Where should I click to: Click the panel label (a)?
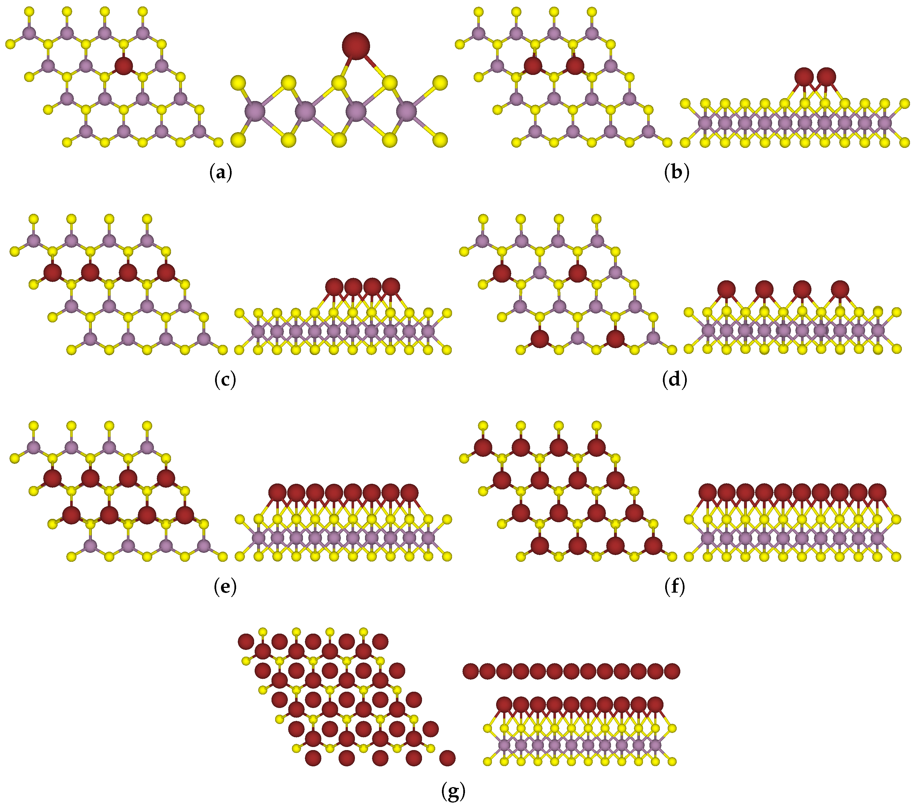tap(221, 173)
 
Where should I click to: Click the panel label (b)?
tap(676, 173)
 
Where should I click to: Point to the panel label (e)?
tap(225, 586)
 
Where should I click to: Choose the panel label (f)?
tap(674, 586)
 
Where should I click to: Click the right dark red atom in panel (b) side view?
tap(826, 77)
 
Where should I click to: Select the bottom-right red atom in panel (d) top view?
tap(615, 339)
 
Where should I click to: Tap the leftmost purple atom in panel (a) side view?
tap(255, 111)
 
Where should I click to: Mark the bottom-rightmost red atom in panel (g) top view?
tap(447, 758)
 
